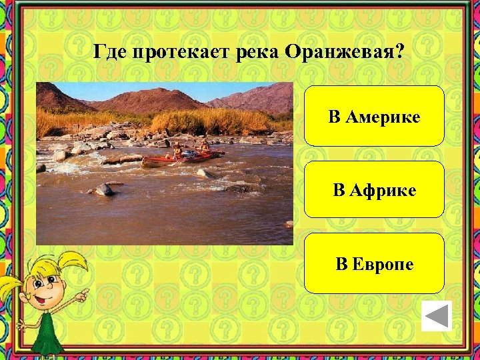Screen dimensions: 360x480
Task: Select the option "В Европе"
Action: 374,263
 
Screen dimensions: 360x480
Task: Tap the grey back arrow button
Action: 437,316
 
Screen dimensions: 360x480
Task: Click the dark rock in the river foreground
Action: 103,189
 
